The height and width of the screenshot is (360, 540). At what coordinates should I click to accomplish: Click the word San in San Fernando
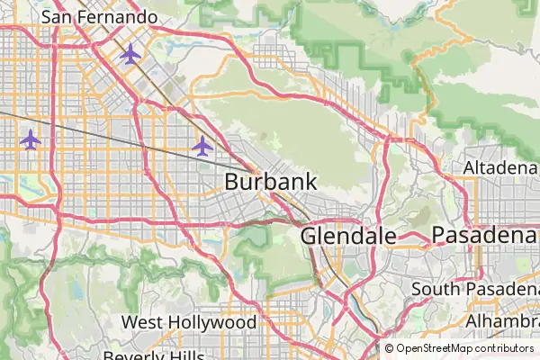[58, 16]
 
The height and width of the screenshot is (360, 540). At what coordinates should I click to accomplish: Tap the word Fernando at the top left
[117, 16]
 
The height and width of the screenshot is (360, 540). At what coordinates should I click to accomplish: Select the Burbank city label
[270, 181]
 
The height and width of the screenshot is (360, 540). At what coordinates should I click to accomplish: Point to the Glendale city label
[348, 236]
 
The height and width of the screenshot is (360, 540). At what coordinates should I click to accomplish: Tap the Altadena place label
[499, 168]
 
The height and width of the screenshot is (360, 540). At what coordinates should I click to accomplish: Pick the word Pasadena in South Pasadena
[504, 289]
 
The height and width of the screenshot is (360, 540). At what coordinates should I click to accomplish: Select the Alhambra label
[502, 321]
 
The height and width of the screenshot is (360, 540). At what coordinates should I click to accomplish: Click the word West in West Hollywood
[142, 322]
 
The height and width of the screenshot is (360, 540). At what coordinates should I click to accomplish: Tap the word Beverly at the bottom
[134, 355]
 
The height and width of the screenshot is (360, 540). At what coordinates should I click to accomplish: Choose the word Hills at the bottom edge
[187, 355]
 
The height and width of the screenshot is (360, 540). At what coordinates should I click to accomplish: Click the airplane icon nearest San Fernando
[130, 55]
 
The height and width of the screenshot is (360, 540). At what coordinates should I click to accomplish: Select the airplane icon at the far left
[31, 139]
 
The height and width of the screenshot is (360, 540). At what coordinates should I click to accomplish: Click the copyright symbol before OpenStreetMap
[389, 348]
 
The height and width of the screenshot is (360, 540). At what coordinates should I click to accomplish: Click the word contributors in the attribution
[505, 348]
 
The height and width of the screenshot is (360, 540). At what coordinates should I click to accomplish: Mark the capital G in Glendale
[310, 236]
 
